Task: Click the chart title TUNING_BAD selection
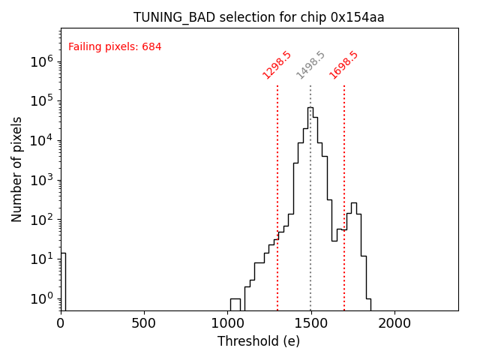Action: (259, 17)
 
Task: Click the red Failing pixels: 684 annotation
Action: (115, 47)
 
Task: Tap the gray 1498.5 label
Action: (310, 65)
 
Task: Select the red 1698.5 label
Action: (343, 65)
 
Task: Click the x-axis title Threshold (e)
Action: (259, 341)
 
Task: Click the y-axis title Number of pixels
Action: (17, 169)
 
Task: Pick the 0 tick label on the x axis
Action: (61, 323)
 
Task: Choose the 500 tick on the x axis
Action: (144, 323)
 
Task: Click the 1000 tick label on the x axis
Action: (227, 323)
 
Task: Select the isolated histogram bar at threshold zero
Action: (63, 281)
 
